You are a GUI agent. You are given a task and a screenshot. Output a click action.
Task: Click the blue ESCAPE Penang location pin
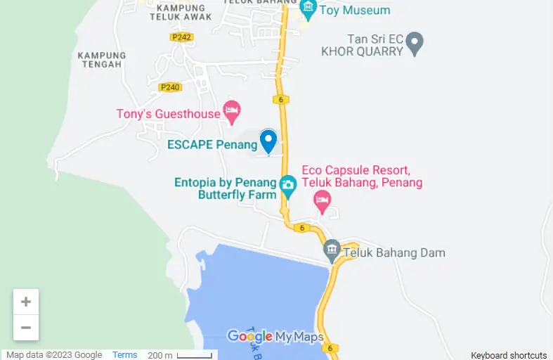tap(268, 141)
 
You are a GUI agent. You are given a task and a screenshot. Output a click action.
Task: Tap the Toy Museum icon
tap(308, 8)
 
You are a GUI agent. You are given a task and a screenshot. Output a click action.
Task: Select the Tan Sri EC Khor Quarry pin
tap(415, 43)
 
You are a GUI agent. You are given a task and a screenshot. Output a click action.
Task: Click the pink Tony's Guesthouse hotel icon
tap(231, 110)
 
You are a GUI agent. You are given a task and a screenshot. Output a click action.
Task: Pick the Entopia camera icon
tap(287, 185)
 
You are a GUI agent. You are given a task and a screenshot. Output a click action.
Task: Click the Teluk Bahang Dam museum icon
tap(332, 249)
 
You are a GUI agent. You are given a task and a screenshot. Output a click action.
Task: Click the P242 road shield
tap(181, 37)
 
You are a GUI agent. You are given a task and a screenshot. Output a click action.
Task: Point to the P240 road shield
tap(170, 87)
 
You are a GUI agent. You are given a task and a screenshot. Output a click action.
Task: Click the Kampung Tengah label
tap(102, 60)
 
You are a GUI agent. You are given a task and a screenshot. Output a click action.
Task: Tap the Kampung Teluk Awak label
tap(176, 13)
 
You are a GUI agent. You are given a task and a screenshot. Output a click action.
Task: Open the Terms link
tap(125, 355)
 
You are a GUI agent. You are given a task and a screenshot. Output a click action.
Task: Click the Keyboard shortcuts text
tap(509, 355)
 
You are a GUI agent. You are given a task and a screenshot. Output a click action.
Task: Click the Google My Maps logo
tap(275, 337)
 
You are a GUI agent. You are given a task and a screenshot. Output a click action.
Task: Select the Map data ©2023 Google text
tap(54, 355)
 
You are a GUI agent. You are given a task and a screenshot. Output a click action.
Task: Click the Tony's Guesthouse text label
tap(168, 113)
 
